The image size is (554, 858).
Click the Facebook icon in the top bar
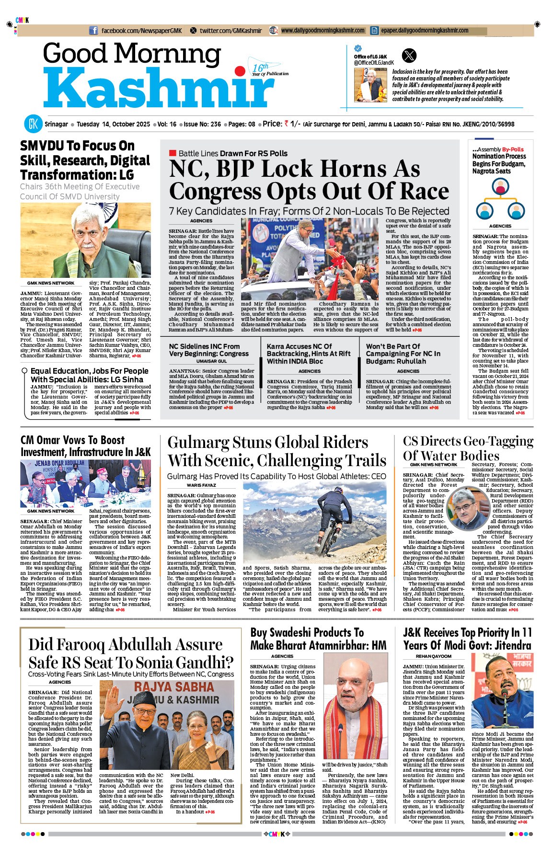coord(93,31)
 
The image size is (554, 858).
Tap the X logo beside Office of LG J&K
coord(409,56)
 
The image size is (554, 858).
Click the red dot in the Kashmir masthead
coord(240,72)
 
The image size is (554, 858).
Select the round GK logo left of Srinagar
coord(33,124)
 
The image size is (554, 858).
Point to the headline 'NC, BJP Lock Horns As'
coord(294,169)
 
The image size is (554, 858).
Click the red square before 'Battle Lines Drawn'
coord(173,153)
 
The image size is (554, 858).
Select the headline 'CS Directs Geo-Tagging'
coord(468,441)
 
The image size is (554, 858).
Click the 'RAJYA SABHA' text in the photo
coord(174,686)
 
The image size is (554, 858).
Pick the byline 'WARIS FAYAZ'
coord(201,485)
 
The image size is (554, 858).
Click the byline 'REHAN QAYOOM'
coord(433,656)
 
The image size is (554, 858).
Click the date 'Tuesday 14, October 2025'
coord(113,124)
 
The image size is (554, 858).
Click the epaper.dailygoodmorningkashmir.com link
coord(425,31)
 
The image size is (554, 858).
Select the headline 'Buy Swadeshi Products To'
coord(307,632)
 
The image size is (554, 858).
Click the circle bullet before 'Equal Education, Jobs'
coord(24,371)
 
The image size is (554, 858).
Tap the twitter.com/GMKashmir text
coord(231,31)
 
